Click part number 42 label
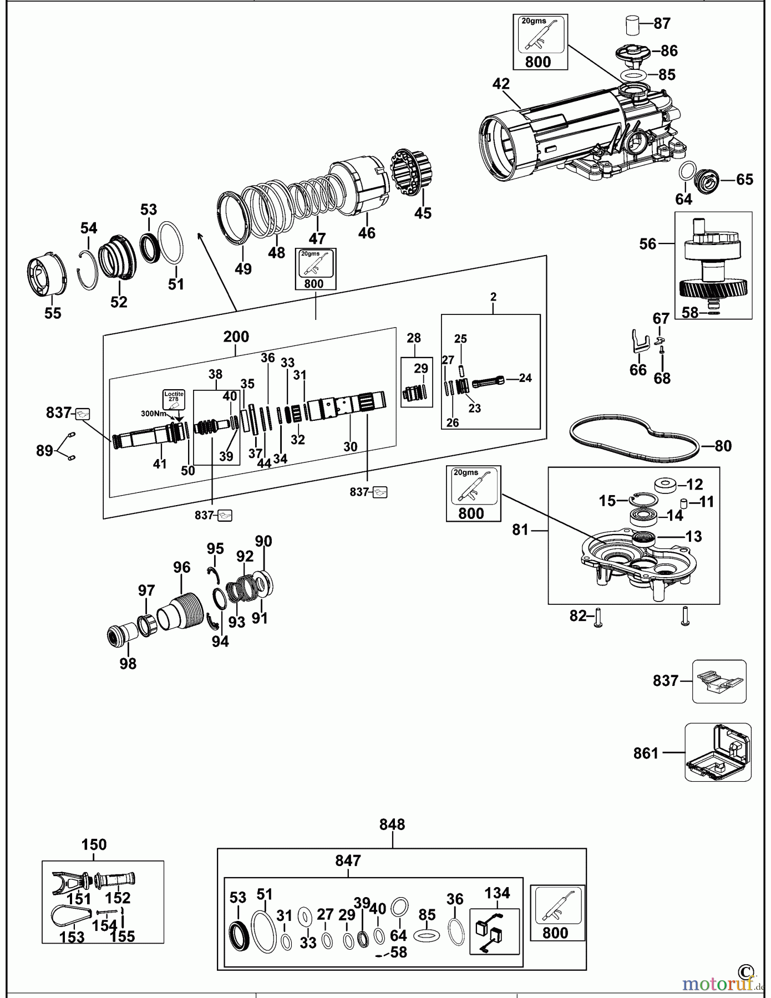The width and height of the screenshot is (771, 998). (501, 84)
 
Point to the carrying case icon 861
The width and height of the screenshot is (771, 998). (718, 752)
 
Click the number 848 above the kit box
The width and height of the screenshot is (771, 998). (392, 824)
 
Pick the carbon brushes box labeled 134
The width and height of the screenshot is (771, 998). (495, 931)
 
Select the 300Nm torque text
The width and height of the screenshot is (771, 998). (154, 414)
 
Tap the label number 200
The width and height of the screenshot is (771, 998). (236, 337)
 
